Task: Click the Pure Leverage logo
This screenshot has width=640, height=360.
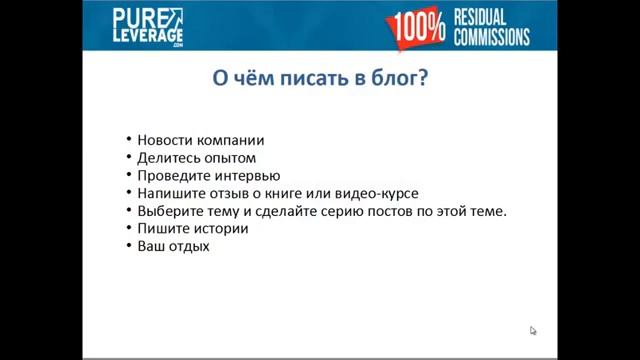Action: tap(147, 27)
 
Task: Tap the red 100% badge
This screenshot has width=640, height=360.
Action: tap(417, 27)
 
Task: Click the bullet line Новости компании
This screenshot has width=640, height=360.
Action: tap(200, 141)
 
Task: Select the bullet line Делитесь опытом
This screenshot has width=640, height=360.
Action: tap(196, 158)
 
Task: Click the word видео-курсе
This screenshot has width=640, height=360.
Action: tap(378, 193)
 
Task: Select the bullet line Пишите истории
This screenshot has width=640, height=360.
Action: tap(192, 228)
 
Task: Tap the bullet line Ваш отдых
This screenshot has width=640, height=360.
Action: tap(173, 246)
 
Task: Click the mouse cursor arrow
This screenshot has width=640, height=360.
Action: tap(533, 330)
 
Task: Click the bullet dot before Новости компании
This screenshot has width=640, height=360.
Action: tap(129, 142)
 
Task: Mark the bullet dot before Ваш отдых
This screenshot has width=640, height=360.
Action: tap(129, 247)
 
